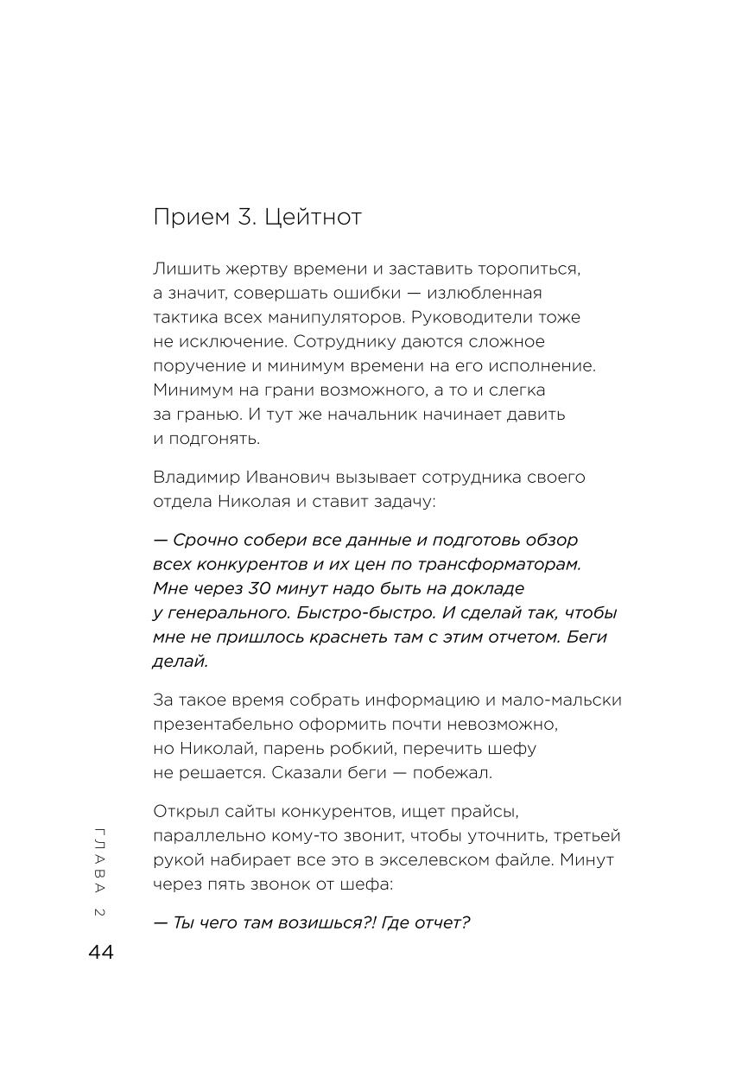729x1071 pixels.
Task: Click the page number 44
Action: pyautogui.click(x=101, y=953)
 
